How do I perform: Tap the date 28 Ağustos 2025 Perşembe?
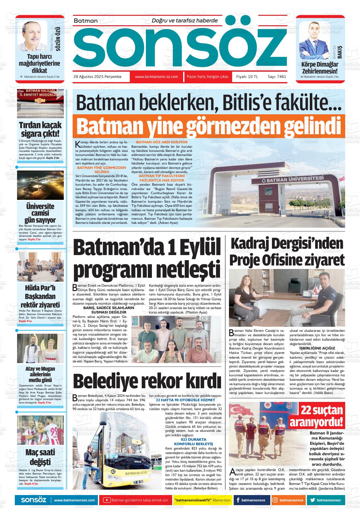coord(98,77)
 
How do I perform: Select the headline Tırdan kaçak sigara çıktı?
coord(40,129)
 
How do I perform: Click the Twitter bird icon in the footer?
coord(313,500)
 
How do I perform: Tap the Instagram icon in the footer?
coord(275,500)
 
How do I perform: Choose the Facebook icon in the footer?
coord(237,500)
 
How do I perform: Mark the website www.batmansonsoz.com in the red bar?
coord(156,77)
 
